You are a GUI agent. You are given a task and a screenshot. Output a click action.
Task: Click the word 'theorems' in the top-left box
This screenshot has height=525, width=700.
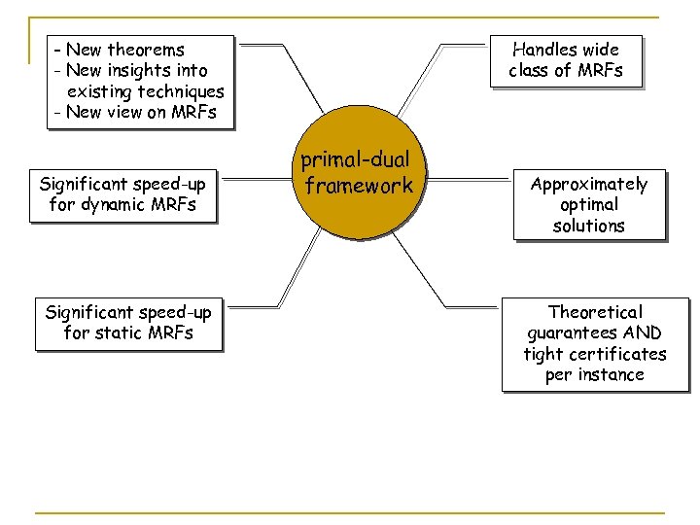(146, 49)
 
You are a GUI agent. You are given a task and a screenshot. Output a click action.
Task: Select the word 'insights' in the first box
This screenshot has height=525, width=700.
(141, 70)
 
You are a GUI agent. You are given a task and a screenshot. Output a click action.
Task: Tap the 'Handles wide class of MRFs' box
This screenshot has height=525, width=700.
(565, 59)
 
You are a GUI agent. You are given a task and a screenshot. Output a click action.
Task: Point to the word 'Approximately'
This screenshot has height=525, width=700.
(588, 184)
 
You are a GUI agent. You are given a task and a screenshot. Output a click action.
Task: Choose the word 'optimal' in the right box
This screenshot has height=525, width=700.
(588, 204)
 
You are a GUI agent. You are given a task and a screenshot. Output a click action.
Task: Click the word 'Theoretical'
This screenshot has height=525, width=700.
(595, 312)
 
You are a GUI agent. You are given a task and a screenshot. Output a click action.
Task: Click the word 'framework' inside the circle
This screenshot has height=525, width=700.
(360, 186)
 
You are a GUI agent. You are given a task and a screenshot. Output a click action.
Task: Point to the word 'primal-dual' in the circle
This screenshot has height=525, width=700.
(356, 160)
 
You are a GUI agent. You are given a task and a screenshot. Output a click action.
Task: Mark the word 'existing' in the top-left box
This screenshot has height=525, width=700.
(101, 91)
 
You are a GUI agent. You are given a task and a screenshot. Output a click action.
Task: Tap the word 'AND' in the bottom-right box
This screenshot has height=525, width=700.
(644, 332)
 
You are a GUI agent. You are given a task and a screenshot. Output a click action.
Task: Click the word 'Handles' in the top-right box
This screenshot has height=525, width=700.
(544, 49)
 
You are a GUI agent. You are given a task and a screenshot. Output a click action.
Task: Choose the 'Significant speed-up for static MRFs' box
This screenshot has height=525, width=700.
(128, 323)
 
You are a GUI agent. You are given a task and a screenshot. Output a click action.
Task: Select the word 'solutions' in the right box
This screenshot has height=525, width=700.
(588, 226)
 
